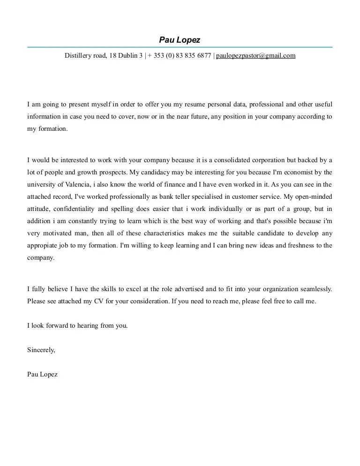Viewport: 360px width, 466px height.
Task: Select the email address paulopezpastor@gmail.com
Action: pyautogui.click(x=255, y=55)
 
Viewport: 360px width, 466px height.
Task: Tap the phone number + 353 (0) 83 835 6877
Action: pyautogui.click(x=180, y=55)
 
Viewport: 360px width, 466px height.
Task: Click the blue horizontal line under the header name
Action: pyautogui.click(x=180, y=47)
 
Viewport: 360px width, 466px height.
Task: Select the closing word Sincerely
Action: pyautogui.click(x=41, y=350)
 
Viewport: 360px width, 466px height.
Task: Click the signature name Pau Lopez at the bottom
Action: pyautogui.click(x=43, y=375)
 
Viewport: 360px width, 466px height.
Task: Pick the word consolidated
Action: pyautogui.click(x=233, y=160)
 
